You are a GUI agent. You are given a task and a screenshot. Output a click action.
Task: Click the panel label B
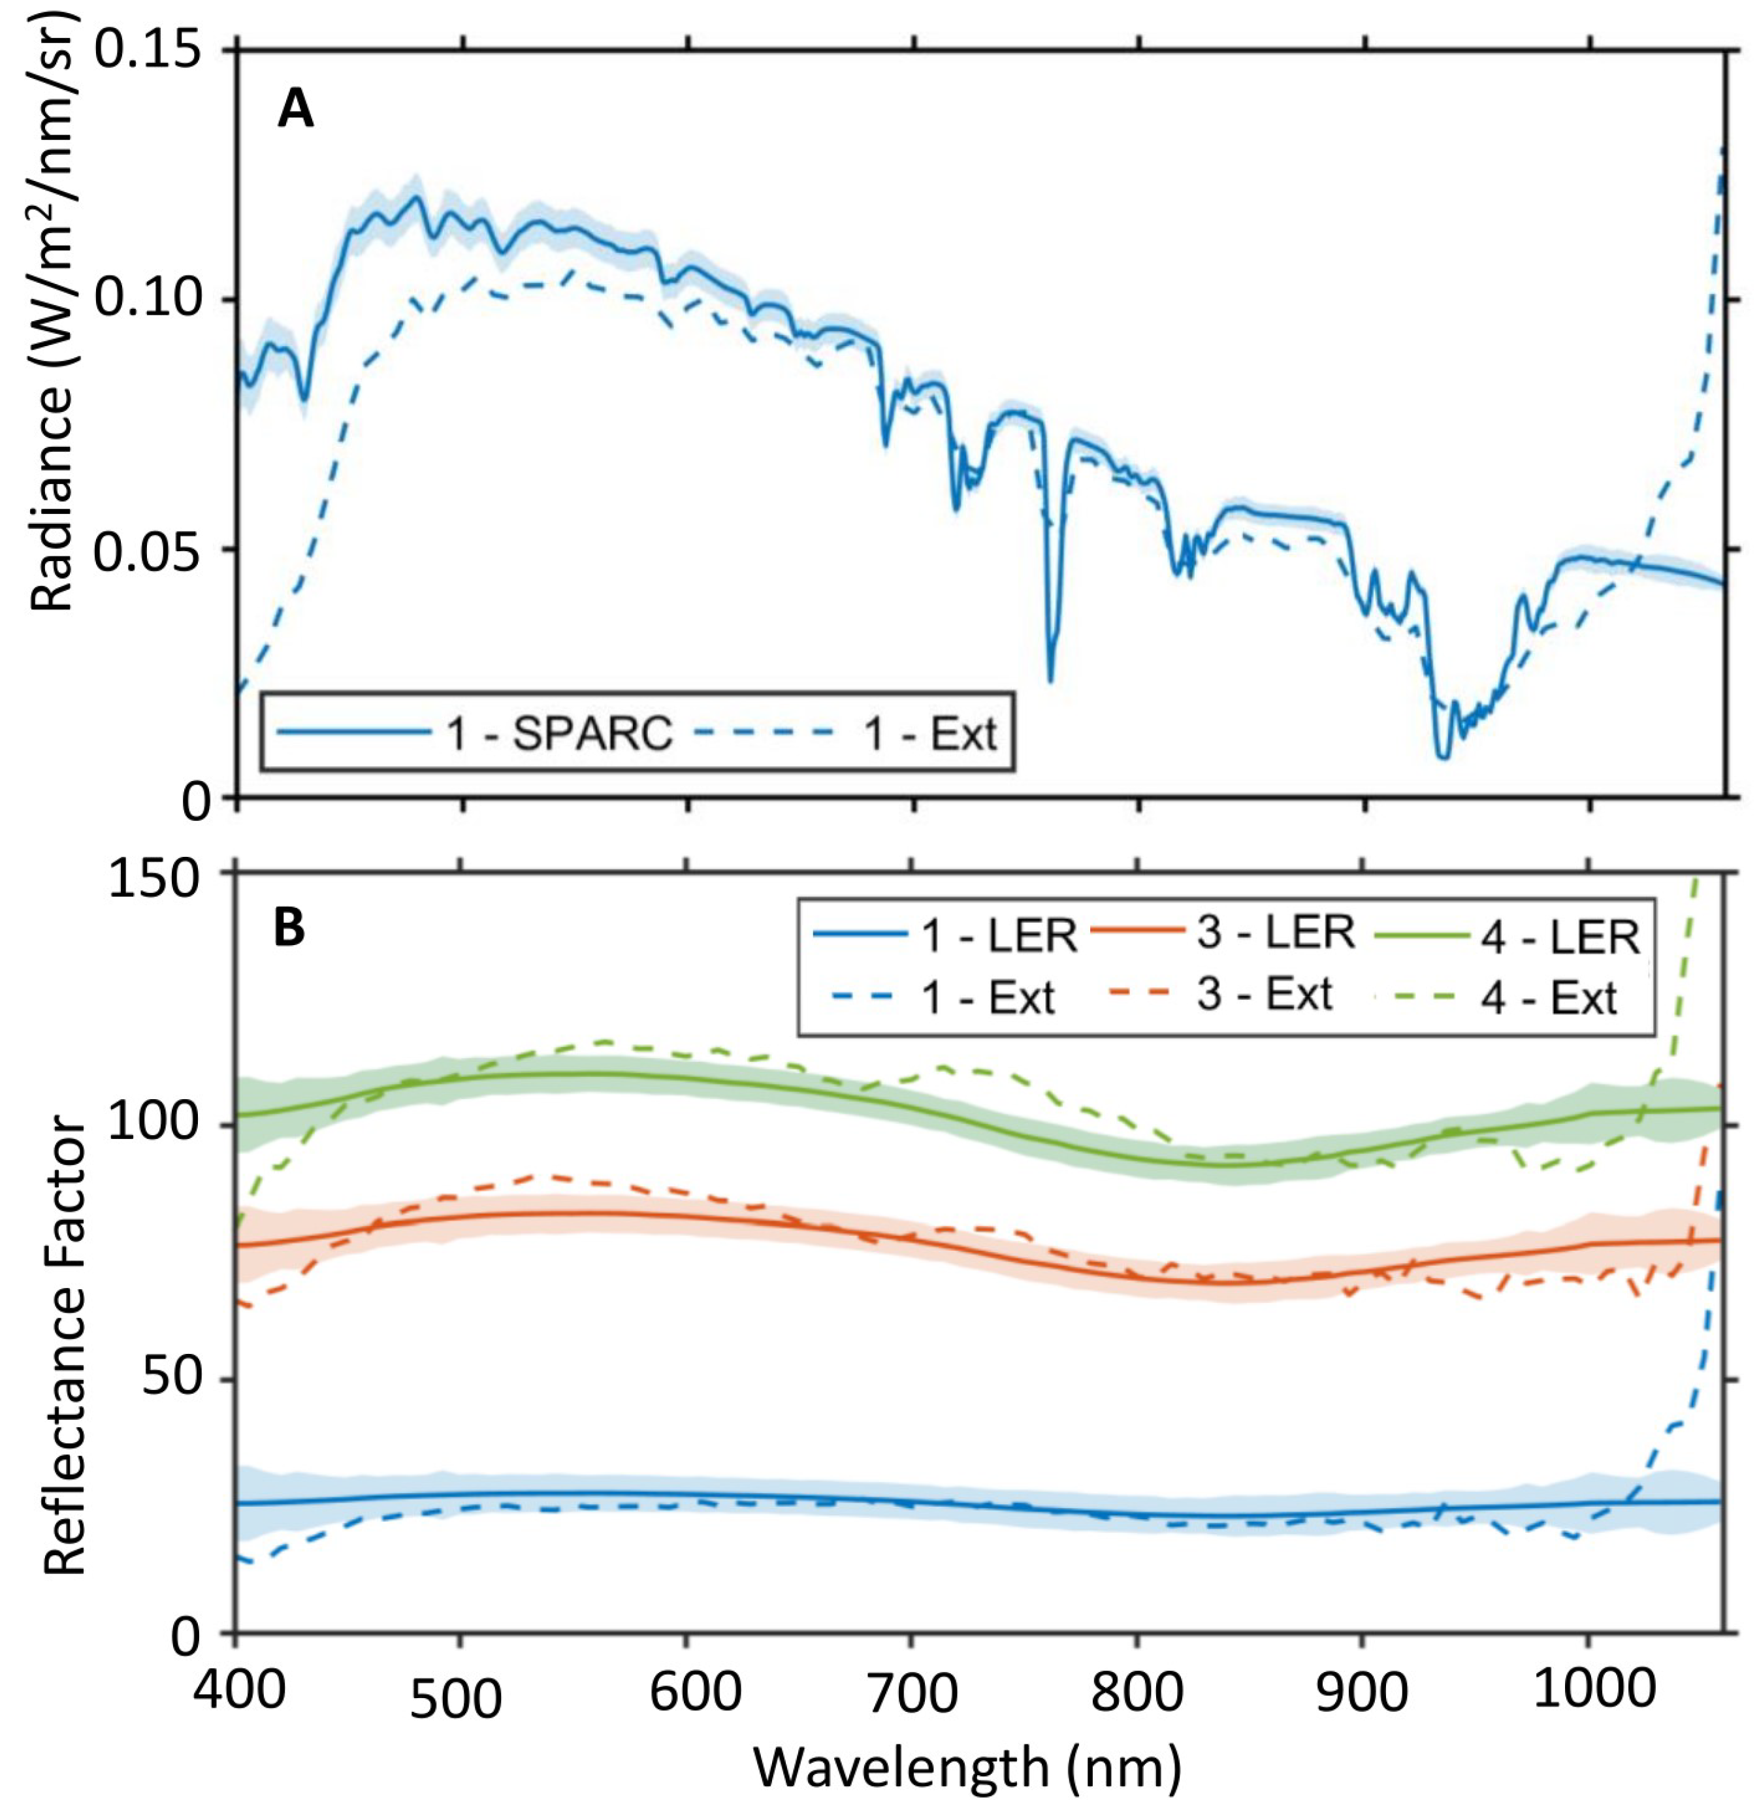(x=289, y=929)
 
